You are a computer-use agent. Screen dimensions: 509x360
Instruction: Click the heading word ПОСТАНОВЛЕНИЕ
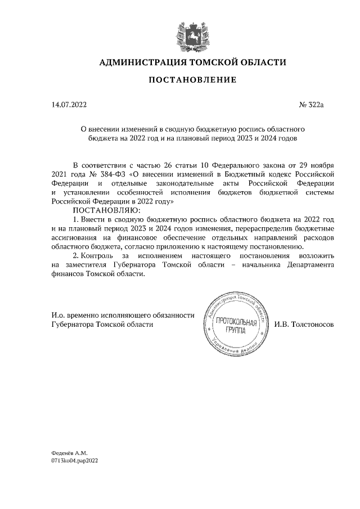192,80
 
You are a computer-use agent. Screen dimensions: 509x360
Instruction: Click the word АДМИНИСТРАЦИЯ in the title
142,61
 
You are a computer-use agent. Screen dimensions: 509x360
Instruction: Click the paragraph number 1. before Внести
77,219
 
